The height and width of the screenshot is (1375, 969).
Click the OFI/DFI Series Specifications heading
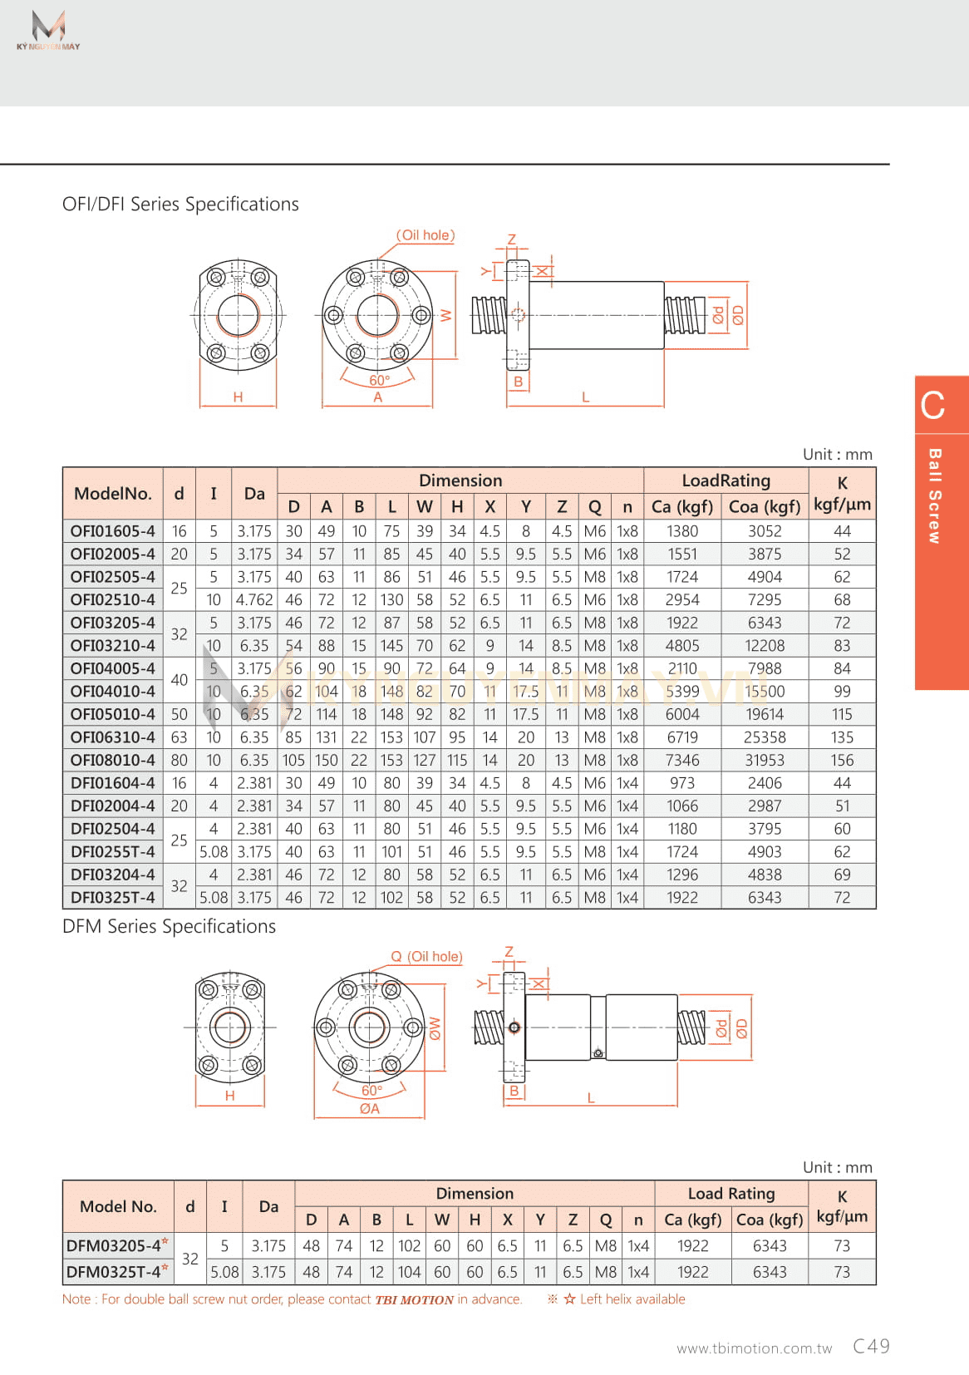click(180, 205)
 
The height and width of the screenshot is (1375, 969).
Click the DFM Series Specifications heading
click(169, 927)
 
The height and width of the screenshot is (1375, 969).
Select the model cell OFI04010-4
click(112, 692)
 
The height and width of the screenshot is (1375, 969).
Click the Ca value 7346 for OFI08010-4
click(682, 761)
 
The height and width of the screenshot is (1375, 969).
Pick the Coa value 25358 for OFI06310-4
click(765, 737)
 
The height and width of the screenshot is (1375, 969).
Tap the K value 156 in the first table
click(842, 761)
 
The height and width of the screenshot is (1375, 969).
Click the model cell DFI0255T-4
click(112, 852)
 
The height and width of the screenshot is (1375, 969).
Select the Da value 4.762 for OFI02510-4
click(254, 600)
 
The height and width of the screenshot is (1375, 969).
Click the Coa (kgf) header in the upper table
click(765, 507)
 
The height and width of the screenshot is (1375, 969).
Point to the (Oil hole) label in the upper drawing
click(425, 235)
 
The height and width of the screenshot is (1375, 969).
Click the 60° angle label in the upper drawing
click(379, 381)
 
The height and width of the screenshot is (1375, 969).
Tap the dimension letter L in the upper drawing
click(585, 397)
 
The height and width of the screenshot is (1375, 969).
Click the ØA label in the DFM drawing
click(370, 1109)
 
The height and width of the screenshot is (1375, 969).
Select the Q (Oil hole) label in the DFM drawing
click(426, 957)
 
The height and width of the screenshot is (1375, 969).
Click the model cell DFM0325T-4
click(115, 1273)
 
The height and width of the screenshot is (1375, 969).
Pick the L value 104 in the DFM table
click(409, 1273)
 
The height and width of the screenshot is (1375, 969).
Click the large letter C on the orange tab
click(932, 406)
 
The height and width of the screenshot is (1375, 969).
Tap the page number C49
click(871, 1347)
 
